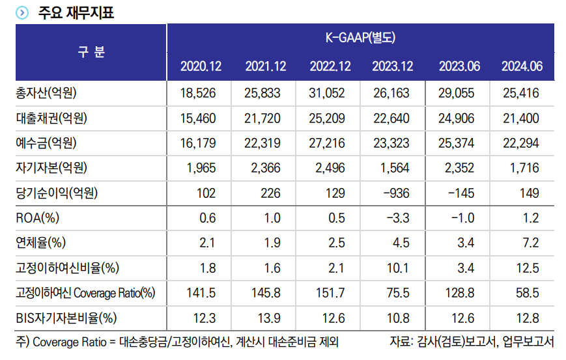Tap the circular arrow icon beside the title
(x=22, y=12)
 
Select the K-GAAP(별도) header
(x=360, y=38)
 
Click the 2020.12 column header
(x=201, y=66)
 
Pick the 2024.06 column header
(x=522, y=66)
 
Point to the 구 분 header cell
(x=91, y=52)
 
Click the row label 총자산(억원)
(x=46, y=94)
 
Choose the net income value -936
(x=395, y=193)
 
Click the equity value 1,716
(x=525, y=168)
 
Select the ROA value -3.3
(x=397, y=218)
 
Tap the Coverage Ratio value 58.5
(x=528, y=293)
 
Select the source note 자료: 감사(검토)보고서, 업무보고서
(x=472, y=341)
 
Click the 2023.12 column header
(x=393, y=66)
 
